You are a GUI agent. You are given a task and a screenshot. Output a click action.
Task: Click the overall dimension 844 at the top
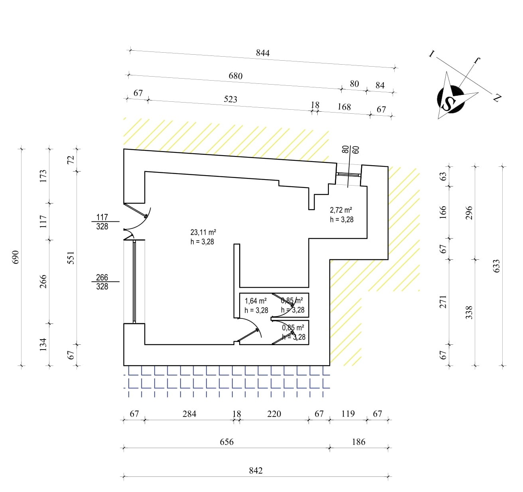click(x=263, y=53)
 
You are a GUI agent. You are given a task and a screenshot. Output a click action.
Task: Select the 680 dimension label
click(x=236, y=76)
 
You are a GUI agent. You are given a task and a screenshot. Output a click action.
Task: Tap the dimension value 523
click(x=230, y=99)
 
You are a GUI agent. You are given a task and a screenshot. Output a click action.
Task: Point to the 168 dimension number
click(x=344, y=107)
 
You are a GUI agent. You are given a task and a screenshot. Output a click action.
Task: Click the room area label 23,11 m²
click(x=203, y=232)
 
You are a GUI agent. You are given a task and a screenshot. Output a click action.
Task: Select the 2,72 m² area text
click(x=341, y=210)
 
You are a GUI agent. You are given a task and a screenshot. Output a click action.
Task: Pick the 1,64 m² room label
click(x=256, y=301)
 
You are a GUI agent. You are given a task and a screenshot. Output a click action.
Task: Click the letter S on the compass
click(x=449, y=103)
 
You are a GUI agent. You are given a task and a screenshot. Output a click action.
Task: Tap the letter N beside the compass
click(x=497, y=97)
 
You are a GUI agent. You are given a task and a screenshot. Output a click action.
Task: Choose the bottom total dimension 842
click(x=256, y=470)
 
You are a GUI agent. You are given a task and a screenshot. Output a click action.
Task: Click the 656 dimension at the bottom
click(x=226, y=442)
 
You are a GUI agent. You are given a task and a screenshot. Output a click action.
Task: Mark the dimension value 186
click(x=358, y=442)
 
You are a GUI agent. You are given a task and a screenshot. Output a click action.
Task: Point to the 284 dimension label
click(x=189, y=414)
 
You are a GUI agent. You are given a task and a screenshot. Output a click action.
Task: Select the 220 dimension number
click(x=274, y=414)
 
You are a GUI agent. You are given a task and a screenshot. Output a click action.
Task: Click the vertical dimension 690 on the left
click(x=16, y=257)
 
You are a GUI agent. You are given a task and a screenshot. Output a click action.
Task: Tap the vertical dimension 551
click(x=71, y=258)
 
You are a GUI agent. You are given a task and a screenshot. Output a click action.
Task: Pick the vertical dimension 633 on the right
click(x=496, y=266)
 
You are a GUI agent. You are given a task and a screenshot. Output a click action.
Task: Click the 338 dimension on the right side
click(x=469, y=312)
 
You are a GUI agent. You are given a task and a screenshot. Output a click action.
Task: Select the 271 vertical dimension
click(x=443, y=302)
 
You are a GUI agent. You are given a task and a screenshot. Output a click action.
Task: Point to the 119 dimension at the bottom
click(x=348, y=414)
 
